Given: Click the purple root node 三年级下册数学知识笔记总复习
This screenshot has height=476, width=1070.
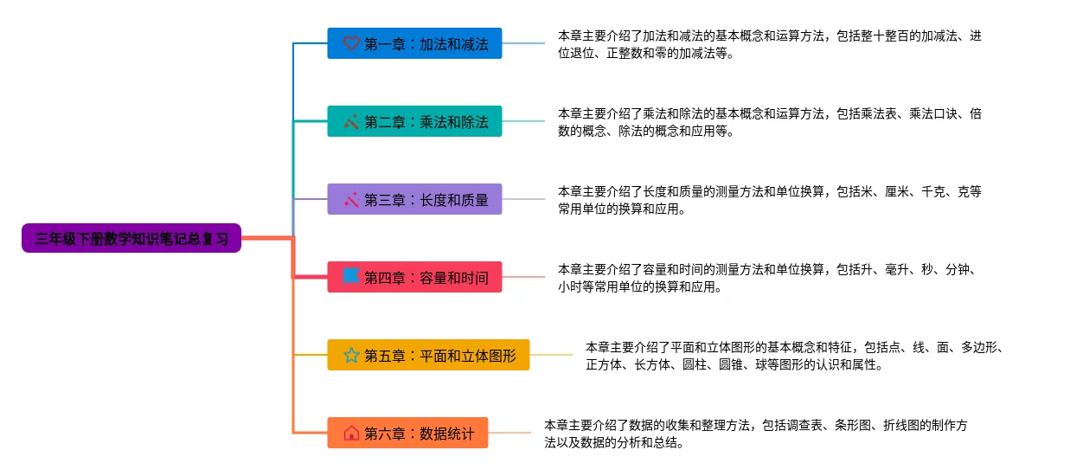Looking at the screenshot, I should pyautogui.click(x=131, y=238).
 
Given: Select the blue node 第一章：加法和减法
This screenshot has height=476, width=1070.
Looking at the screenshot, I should pyautogui.click(x=414, y=43).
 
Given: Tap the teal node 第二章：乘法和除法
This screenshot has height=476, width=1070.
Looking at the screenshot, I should pyautogui.click(x=414, y=121).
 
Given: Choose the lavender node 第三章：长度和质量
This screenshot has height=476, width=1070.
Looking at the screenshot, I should pyautogui.click(x=414, y=199).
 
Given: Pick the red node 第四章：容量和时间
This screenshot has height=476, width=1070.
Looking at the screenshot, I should pyautogui.click(x=414, y=277).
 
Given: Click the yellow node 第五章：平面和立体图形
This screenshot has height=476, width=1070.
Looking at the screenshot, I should pyautogui.click(x=428, y=355).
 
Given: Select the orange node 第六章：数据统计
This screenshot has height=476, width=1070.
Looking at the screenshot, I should pyautogui.click(x=407, y=433).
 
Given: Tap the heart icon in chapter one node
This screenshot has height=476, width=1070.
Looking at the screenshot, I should pyautogui.click(x=351, y=43).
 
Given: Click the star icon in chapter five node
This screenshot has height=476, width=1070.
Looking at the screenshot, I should pyautogui.click(x=351, y=355).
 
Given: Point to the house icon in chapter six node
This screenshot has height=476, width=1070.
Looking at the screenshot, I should pyautogui.click(x=351, y=433).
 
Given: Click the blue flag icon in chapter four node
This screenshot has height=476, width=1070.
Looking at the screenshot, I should pyautogui.click(x=351, y=276).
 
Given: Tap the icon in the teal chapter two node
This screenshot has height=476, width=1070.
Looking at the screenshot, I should pyautogui.click(x=351, y=121).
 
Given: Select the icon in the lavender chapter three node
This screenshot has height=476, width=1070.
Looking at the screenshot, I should pyautogui.click(x=351, y=199).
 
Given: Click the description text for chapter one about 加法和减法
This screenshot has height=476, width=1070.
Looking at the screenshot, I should pyautogui.click(x=769, y=44).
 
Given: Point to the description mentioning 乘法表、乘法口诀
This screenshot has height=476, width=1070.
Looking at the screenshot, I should pyautogui.click(x=769, y=122).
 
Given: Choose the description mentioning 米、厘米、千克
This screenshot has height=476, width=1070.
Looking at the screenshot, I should pyautogui.click(x=769, y=200).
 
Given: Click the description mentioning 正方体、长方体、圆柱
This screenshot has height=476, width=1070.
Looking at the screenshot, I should pyautogui.click(x=794, y=356).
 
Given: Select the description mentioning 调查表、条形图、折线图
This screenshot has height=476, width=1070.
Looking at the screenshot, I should pyautogui.click(x=755, y=434).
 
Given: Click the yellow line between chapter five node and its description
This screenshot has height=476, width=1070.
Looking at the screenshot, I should pyautogui.click(x=551, y=355).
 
